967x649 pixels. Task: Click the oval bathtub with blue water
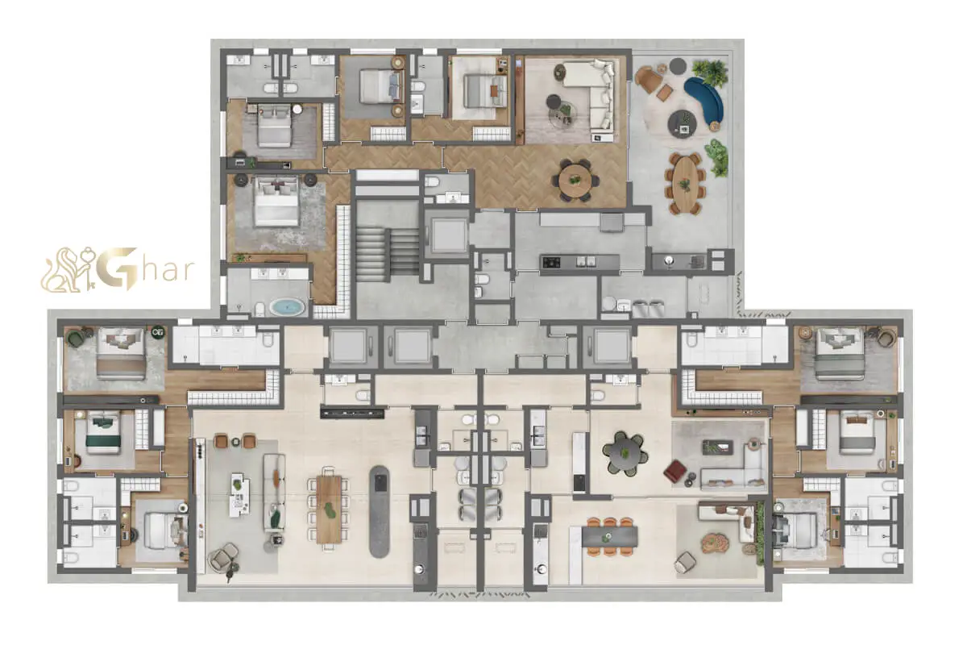click(x=287, y=307)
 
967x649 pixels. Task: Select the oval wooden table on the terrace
click(x=686, y=184)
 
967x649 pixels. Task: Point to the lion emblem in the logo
click(x=68, y=269)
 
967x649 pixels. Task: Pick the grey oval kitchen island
click(x=380, y=512)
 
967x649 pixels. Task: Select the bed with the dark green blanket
click(x=103, y=432)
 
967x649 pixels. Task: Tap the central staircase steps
click(x=388, y=252)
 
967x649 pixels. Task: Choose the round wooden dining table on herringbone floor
click(x=575, y=181)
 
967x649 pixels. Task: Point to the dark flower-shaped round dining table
click(x=625, y=453)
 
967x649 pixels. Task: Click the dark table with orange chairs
click(x=609, y=537)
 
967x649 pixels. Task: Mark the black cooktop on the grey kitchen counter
click(x=551, y=262)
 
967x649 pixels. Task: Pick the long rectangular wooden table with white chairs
click(x=329, y=509)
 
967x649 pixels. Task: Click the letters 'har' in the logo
click(x=166, y=270)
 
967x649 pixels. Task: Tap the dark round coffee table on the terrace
click(x=682, y=124)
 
